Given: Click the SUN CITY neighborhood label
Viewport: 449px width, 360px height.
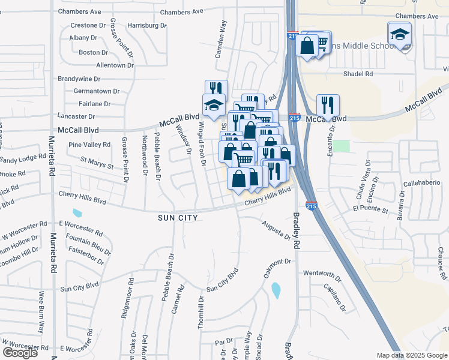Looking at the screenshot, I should click(178, 217).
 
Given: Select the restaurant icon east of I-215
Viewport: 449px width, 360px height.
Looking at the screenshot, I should click(328, 105).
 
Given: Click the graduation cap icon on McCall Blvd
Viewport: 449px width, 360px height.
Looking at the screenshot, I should click(213, 106).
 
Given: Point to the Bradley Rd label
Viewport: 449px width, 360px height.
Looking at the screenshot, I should click(295, 231).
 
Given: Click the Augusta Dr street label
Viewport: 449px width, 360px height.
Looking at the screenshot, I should click(277, 229).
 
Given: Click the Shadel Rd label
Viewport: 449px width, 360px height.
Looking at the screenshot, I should click(358, 74).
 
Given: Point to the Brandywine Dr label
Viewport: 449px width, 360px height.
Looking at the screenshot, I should click(79, 79).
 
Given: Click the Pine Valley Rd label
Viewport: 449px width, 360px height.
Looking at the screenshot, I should click(89, 145).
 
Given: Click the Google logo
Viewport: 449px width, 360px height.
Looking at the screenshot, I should click(20, 353).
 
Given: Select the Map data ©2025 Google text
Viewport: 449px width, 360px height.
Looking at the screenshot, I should click(411, 355).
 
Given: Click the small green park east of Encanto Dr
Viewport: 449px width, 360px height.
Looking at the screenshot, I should click(341, 146).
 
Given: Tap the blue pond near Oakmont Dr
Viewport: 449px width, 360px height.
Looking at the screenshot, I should click(276, 290).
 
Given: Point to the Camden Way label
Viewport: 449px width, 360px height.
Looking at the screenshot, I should click(221, 40).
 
